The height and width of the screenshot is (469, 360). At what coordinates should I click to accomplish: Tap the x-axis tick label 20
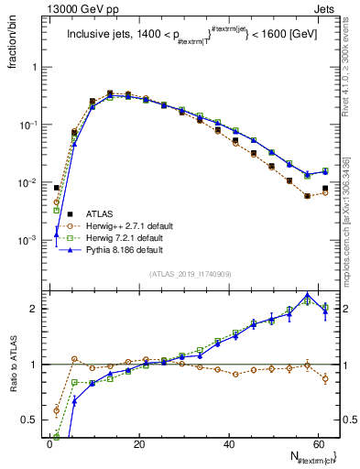point(138,442)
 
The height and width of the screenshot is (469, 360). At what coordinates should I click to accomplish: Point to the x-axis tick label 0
point(49,442)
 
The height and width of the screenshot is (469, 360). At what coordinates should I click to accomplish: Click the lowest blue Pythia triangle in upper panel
point(56,234)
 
